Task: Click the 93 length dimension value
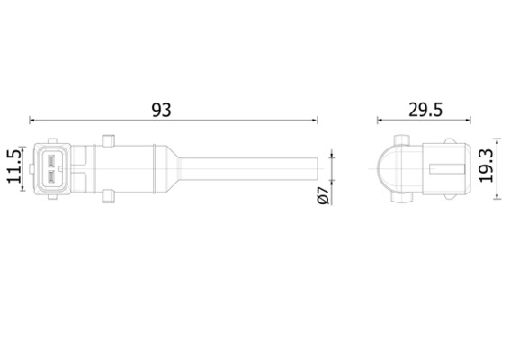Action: tap(161, 110)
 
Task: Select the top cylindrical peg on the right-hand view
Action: tap(401, 139)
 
